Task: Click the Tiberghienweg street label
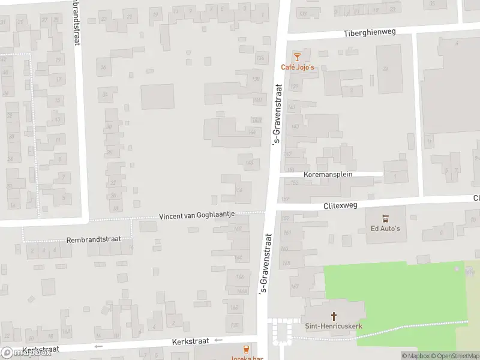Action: (370, 32)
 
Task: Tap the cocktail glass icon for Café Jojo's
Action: (296, 56)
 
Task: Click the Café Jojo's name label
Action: (298, 67)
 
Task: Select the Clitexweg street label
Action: (340, 205)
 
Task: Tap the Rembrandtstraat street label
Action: (94, 239)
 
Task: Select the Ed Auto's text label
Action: (385, 229)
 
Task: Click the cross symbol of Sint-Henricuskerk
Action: (334, 315)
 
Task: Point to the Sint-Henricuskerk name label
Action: (334, 326)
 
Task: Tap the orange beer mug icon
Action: (245, 349)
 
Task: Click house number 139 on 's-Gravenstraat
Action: (294, 86)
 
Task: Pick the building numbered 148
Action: (249, 162)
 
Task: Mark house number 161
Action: (287, 233)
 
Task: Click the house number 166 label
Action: (240, 277)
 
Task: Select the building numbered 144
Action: (253, 132)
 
